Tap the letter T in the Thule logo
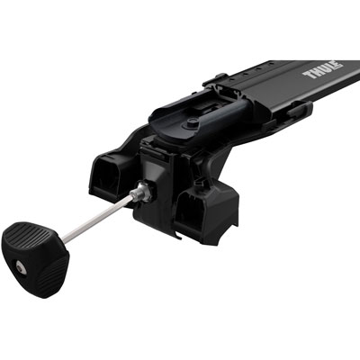[x=307, y=74]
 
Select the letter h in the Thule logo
[x=314, y=70]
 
